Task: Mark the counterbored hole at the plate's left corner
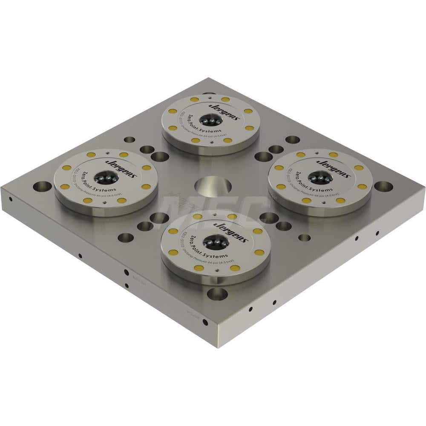pos(42,187)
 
